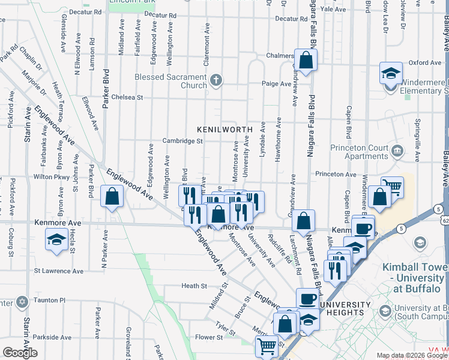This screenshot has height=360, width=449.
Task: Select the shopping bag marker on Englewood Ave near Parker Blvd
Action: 112,196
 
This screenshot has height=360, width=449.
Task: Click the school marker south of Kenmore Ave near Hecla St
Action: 56,239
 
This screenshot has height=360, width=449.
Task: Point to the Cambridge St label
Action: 182,141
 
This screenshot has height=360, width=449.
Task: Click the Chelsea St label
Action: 128,97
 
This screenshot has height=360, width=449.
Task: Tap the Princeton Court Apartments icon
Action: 396,150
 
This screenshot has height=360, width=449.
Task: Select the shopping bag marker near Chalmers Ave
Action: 306,59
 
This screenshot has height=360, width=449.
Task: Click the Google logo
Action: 20,352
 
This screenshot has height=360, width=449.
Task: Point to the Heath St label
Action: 194,286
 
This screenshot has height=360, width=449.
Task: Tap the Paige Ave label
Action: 279,84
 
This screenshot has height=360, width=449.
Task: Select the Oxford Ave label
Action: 425,62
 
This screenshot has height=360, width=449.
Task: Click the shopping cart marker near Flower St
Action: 266,346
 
